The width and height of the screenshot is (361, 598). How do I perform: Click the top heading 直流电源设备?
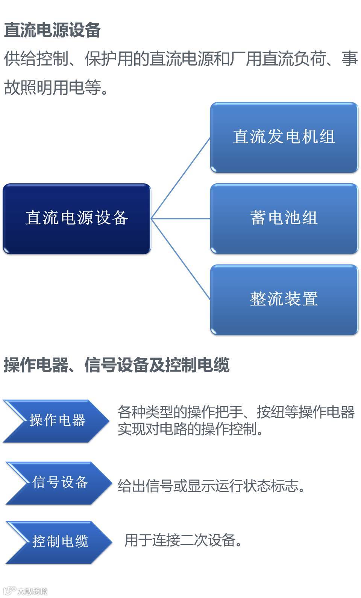pyautogui.click(x=52, y=30)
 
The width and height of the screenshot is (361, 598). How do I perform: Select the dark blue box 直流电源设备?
pyautogui.click(x=77, y=218)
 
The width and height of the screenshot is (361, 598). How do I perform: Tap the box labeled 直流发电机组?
pyautogui.click(x=284, y=137)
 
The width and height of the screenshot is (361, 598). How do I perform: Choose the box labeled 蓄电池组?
pyautogui.click(x=284, y=218)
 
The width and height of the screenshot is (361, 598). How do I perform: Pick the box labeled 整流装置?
pyautogui.click(x=284, y=300)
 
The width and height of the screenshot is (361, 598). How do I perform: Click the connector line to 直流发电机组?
pyautogui.click(x=180, y=178)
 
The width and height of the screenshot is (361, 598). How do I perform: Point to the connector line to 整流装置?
pyautogui.click(x=180, y=259)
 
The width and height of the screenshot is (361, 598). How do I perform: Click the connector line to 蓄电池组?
pyautogui.click(x=180, y=218)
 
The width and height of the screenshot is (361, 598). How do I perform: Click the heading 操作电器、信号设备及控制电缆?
pyautogui.click(x=117, y=365)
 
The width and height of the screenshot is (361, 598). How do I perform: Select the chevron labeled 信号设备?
pyautogui.click(x=59, y=482)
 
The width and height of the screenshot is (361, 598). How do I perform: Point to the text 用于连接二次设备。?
pyautogui.click(x=183, y=540)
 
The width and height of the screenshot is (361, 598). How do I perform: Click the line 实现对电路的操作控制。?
pyautogui.click(x=191, y=429)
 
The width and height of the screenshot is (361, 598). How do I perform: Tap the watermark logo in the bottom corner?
pyautogui.click(x=25, y=591)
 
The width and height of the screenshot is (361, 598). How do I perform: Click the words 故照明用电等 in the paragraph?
pyautogui.click(x=53, y=88)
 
